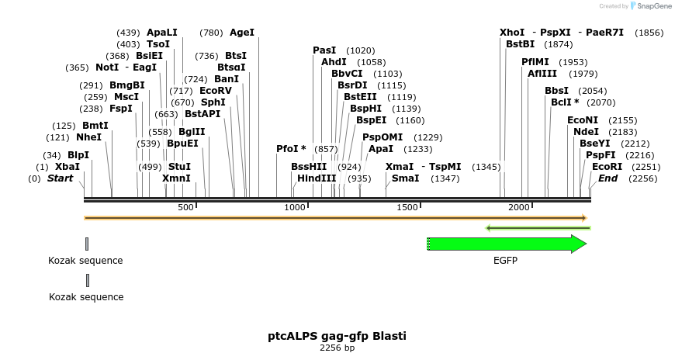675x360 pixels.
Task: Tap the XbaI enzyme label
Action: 67,167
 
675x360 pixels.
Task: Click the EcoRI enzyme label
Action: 607,167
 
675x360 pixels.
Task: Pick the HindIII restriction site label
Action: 317,178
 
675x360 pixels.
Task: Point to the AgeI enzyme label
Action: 242,33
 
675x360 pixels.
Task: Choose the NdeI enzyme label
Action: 586,132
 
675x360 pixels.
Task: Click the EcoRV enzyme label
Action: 216,91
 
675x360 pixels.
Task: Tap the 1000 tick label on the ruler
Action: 295,207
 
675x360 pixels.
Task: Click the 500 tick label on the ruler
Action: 185,207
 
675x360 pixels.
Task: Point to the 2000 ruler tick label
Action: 519,207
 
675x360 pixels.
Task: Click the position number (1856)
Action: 649,33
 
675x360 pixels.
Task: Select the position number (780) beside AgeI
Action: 211,33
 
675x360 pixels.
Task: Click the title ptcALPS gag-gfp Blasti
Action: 337,336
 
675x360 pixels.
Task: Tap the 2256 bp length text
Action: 337,348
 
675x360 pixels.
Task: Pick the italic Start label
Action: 63,178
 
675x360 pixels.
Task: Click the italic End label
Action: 607,178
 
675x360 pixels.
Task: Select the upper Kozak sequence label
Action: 85,261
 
